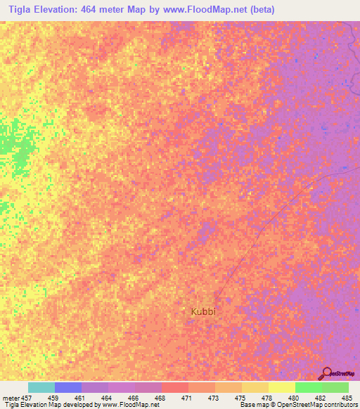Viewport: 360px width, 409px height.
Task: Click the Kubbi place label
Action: click(x=203, y=311)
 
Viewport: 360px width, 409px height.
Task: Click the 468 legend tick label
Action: click(x=161, y=398)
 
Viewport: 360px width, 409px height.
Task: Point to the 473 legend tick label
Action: click(x=214, y=398)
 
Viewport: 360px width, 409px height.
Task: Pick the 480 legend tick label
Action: click(x=295, y=398)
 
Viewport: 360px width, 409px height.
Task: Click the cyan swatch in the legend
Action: click(x=41, y=387)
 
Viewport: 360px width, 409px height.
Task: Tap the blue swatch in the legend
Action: click(x=68, y=387)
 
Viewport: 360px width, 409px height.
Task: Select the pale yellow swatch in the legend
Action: click(x=281, y=387)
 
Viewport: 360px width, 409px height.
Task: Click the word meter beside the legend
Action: click(x=10, y=398)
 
